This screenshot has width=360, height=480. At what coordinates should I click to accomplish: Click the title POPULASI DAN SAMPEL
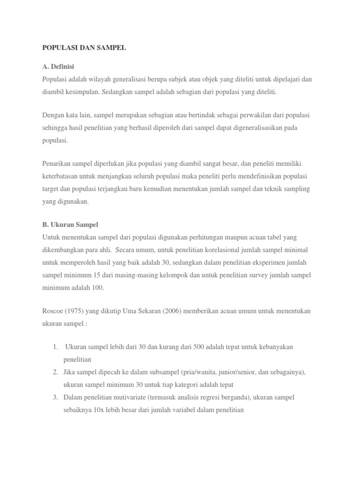click(x=84, y=48)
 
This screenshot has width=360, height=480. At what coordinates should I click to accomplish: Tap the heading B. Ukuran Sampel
click(x=70, y=225)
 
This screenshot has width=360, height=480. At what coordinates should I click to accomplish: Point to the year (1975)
click(x=78, y=311)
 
